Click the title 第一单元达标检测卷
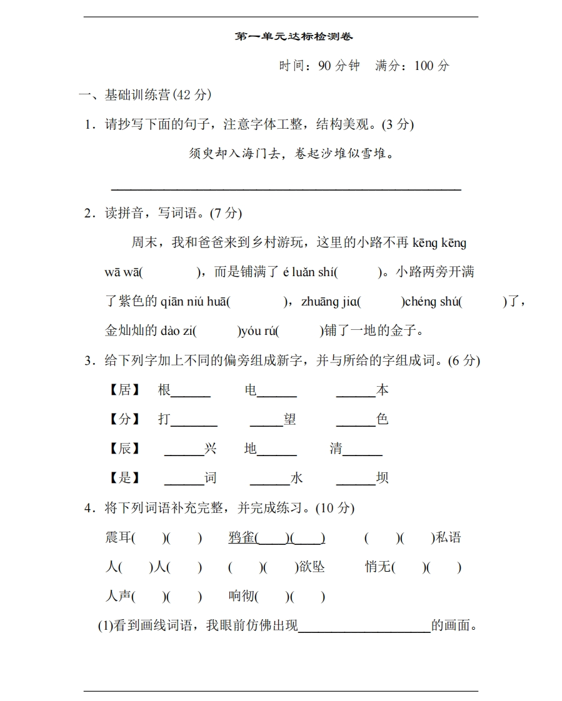(294, 37)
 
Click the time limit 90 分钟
(339, 66)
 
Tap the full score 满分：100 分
(412, 66)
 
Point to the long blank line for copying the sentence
(286, 186)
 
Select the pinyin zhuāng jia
(330, 302)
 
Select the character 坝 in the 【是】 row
(382, 478)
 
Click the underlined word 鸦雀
(243, 537)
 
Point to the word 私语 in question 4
(448, 537)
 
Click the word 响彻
(243, 597)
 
